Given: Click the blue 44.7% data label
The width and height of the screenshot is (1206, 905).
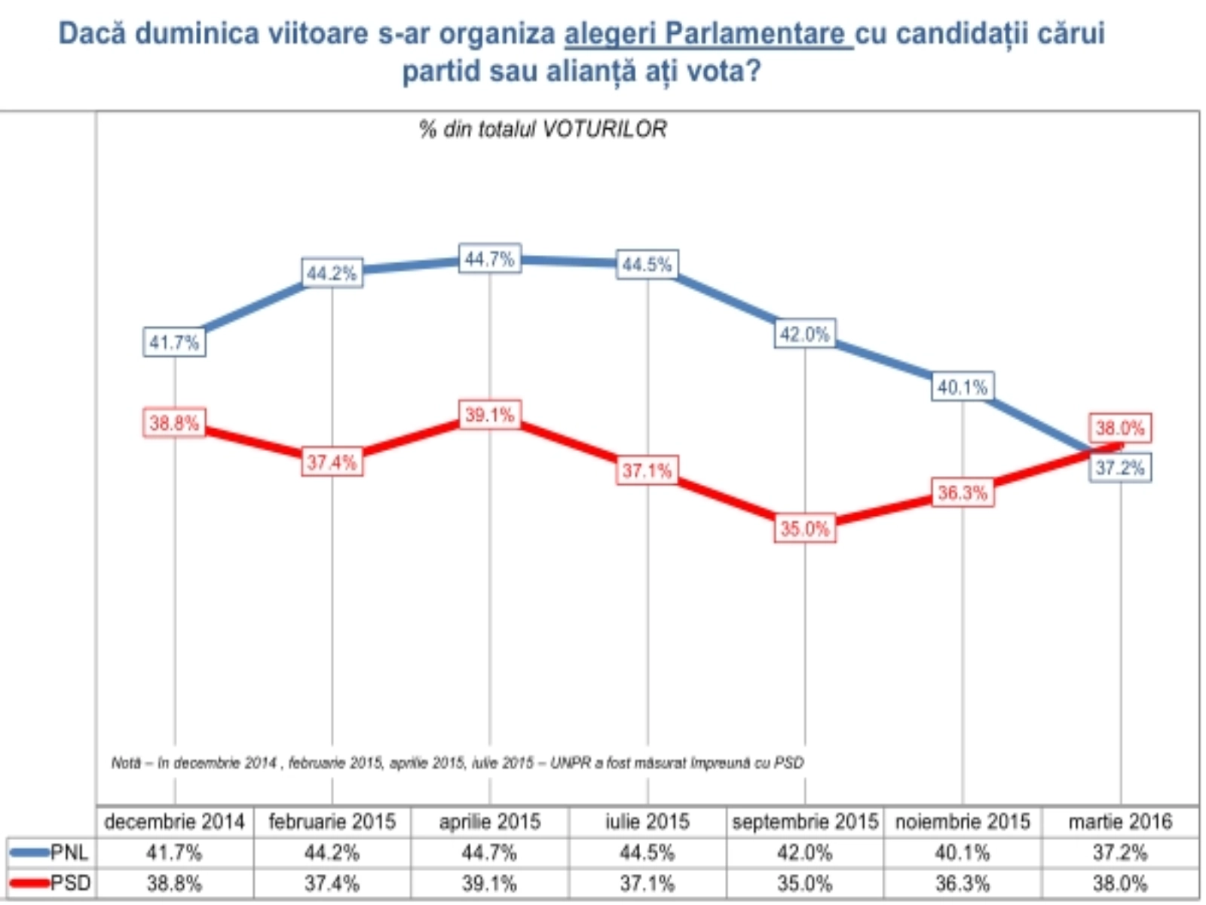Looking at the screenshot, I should [x=490, y=259].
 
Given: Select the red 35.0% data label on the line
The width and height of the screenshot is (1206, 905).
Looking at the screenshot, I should [x=805, y=529].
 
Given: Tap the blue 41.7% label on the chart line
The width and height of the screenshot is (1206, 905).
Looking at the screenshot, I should [x=174, y=343].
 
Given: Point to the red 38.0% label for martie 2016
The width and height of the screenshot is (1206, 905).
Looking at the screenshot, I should [x=1120, y=428].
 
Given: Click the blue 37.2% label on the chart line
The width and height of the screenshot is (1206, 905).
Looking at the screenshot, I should [x=1120, y=468].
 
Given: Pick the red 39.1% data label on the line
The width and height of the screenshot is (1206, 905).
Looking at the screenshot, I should [x=490, y=416].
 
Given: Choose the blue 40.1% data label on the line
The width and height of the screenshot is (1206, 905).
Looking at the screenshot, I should [x=963, y=388].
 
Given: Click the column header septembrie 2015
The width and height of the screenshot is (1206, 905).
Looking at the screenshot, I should [x=805, y=821].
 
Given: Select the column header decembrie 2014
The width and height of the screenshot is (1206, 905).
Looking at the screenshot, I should [x=175, y=821].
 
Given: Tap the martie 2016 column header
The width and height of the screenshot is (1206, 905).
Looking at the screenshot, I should [x=1120, y=821].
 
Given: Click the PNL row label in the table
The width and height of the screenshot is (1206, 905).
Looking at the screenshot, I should [x=69, y=853].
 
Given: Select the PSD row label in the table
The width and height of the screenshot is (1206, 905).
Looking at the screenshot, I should [x=70, y=883].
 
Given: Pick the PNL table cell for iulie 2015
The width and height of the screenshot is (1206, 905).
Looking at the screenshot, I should [x=647, y=853].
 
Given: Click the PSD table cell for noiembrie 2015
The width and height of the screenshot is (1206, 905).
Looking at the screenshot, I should [x=963, y=883].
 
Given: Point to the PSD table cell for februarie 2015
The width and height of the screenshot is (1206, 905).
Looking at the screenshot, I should [x=332, y=883].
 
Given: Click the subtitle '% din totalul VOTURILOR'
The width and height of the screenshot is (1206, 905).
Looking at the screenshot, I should [x=543, y=130].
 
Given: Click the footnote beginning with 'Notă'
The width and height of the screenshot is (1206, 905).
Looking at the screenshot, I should [x=458, y=763].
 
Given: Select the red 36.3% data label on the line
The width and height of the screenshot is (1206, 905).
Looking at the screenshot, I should [x=963, y=493].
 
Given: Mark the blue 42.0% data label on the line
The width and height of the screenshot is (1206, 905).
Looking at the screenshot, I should [x=805, y=334].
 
